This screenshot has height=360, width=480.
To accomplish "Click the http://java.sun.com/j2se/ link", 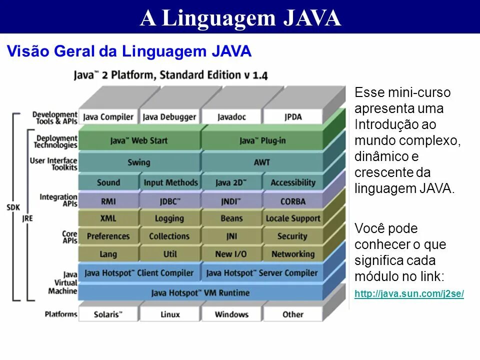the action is [409, 294].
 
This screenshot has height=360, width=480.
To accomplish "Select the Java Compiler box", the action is [108, 117].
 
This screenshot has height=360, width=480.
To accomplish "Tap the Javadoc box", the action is [231, 117].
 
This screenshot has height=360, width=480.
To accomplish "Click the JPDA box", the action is [292, 117].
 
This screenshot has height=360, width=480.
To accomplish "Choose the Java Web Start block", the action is [139, 140].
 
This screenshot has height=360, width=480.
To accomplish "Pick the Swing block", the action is [139, 162].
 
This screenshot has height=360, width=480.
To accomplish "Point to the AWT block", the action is [261, 162].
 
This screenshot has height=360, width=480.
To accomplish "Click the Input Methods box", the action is [170, 182].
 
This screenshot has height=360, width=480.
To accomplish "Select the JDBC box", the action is [170, 201].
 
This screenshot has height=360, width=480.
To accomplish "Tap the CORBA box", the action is [292, 201].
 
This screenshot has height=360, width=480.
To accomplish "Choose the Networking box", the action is [292, 254].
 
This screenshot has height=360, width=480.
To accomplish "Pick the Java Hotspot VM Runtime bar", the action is [200, 292].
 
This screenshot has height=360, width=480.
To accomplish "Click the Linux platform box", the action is [170, 314].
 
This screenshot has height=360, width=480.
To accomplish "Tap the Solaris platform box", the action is [108, 314].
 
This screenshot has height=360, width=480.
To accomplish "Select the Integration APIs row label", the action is [58, 200].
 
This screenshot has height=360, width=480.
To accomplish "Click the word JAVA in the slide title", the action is [312, 18].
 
